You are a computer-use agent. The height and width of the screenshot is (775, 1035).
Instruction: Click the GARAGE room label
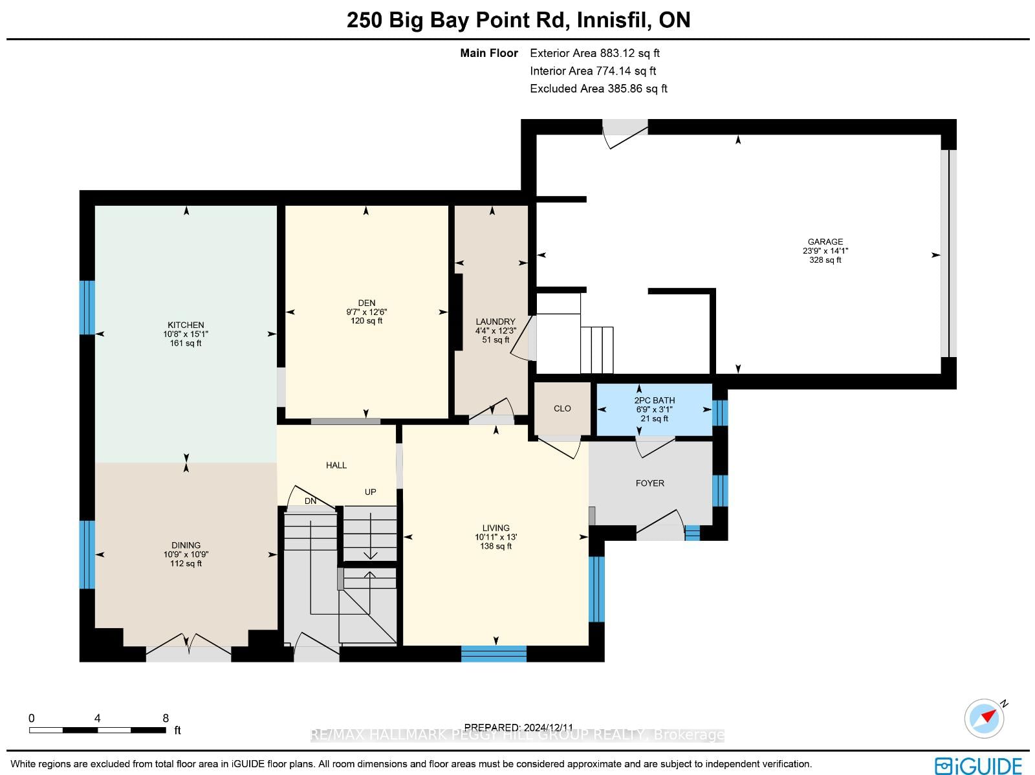click(x=825, y=241)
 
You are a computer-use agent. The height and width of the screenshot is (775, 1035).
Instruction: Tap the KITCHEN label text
click(x=186, y=325)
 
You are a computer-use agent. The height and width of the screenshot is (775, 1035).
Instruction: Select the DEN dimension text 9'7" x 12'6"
click(x=366, y=312)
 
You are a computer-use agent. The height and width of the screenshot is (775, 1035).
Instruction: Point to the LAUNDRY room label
click(x=495, y=322)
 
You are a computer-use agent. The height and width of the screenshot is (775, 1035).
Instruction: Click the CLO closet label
click(x=562, y=408)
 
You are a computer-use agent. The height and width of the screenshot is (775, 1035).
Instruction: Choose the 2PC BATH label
click(x=655, y=400)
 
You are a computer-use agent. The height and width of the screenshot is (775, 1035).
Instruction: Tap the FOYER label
click(x=649, y=483)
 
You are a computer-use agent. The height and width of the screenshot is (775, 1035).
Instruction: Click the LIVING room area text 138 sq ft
click(x=496, y=546)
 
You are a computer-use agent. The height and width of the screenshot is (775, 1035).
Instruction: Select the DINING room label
click(x=186, y=545)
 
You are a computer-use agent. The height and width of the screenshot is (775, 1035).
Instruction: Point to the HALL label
click(x=336, y=465)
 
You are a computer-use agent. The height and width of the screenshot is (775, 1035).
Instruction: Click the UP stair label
click(x=370, y=492)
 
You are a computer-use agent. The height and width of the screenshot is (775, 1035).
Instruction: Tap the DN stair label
click(x=310, y=501)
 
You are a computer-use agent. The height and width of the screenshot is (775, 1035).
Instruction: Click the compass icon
click(x=984, y=719)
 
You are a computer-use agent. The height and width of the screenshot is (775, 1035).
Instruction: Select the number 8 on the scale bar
click(x=166, y=718)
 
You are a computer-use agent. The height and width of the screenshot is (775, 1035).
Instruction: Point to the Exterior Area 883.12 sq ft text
click(x=594, y=53)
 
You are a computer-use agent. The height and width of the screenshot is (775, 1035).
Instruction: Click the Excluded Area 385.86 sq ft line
click(x=598, y=88)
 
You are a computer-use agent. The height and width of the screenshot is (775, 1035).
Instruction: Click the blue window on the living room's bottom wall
click(x=493, y=653)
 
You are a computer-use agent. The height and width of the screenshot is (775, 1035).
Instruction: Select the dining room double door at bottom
click(x=188, y=648)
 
